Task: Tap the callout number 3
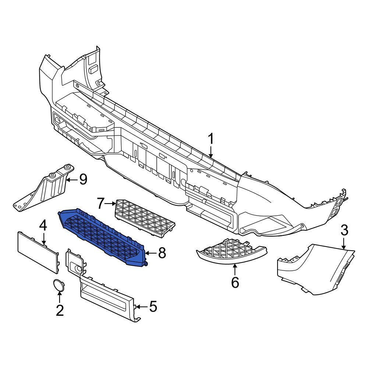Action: pos(344,231)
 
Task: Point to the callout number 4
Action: pos(43,225)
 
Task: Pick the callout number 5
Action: pos(152,306)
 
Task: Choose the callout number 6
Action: pos(235,282)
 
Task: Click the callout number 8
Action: pos(161,253)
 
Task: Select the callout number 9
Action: pos(83,180)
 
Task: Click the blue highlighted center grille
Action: pos(103,236)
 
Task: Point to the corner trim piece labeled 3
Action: pos(316,269)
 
